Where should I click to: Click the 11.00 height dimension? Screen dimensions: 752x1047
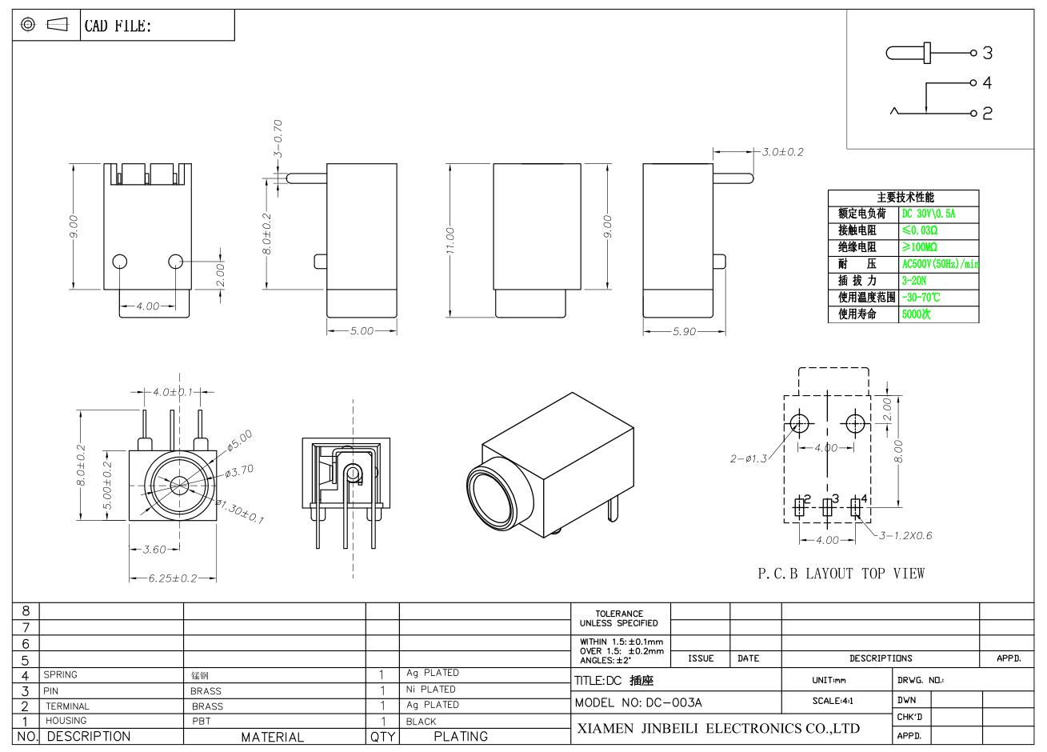pyautogui.click(x=450, y=241)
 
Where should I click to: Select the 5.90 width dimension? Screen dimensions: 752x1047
pyautogui.click(x=685, y=332)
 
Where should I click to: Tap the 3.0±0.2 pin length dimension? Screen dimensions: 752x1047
pyautogui.click(x=782, y=152)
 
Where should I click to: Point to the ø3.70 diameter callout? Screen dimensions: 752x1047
pyautogui.click(x=239, y=471)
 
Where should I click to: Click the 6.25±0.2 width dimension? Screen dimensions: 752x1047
pyautogui.click(x=173, y=578)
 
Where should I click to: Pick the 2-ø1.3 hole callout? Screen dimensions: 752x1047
pyautogui.click(x=749, y=458)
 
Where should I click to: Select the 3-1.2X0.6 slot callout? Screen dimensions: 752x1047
pyautogui.click(x=905, y=535)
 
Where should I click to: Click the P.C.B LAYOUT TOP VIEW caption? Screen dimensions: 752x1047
pyautogui.click(x=841, y=573)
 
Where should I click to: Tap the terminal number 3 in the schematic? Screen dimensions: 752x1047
pyautogui.click(x=987, y=53)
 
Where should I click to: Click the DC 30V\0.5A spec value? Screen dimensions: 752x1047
pyautogui.click(x=929, y=214)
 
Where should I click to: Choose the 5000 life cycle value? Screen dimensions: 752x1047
pyautogui.click(x=917, y=314)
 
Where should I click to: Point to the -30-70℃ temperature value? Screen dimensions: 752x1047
pyautogui.click(x=921, y=298)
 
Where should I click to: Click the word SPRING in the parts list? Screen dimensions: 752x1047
pyautogui.click(x=60, y=674)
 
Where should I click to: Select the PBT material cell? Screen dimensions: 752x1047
pyautogui.click(x=201, y=721)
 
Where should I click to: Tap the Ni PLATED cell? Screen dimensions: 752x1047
pyautogui.click(x=431, y=689)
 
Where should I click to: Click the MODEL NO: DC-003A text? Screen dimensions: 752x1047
pyautogui.click(x=638, y=702)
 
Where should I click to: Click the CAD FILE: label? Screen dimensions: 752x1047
pyautogui.click(x=118, y=26)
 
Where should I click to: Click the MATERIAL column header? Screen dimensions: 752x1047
pyautogui.click(x=273, y=737)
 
